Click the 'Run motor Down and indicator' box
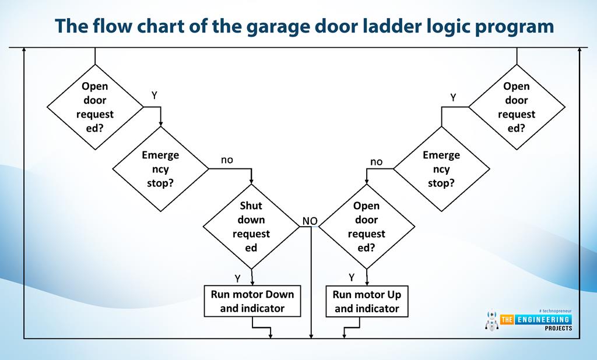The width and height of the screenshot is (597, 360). (252, 301)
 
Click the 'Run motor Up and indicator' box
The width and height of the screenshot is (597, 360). (367, 301)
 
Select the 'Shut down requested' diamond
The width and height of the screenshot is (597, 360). (251, 227)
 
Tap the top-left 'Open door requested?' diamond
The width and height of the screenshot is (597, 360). (95, 107)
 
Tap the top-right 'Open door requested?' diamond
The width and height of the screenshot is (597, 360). (517, 107)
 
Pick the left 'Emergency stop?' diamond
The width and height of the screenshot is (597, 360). (160, 170)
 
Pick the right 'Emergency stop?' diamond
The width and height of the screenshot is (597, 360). (441, 170)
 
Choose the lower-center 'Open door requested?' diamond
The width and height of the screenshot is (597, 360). (367, 227)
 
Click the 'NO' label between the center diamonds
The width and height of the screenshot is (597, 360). (309, 221)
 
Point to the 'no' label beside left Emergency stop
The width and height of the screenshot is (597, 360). (227, 159)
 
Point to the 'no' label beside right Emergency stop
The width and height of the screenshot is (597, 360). (377, 161)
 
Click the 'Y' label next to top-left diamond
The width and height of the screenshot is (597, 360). (154, 95)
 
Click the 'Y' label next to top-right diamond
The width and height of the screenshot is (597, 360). (453, 97)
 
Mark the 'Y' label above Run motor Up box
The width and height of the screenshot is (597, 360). (352, 277)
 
